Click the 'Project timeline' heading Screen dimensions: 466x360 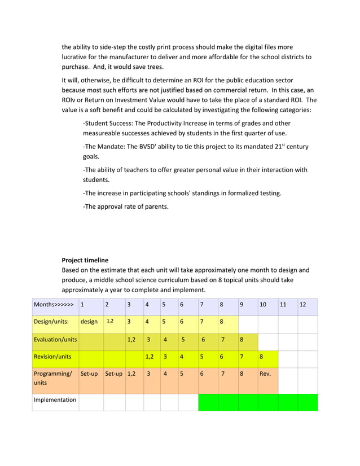click(85, 260)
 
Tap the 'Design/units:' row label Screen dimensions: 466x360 click(51, 322)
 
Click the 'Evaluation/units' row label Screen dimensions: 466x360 click(55, 340)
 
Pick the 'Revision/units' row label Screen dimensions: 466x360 click(52, 357)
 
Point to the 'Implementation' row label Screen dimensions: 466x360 click(55, 400)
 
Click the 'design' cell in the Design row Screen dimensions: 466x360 click(89, 322)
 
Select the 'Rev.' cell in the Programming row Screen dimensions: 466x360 click(265, 374)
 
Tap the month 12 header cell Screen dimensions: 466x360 click(303, 305)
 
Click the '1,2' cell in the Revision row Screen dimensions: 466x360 click(150, 357)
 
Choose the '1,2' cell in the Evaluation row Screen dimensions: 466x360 click(131, 340)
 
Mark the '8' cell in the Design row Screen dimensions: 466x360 click(222, 322)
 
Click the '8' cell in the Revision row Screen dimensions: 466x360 click(261, 357)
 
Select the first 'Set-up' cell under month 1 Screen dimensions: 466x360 click(89, 374)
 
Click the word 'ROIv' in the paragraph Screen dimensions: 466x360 click(69, 100)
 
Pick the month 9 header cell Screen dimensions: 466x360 click(242, 305)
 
